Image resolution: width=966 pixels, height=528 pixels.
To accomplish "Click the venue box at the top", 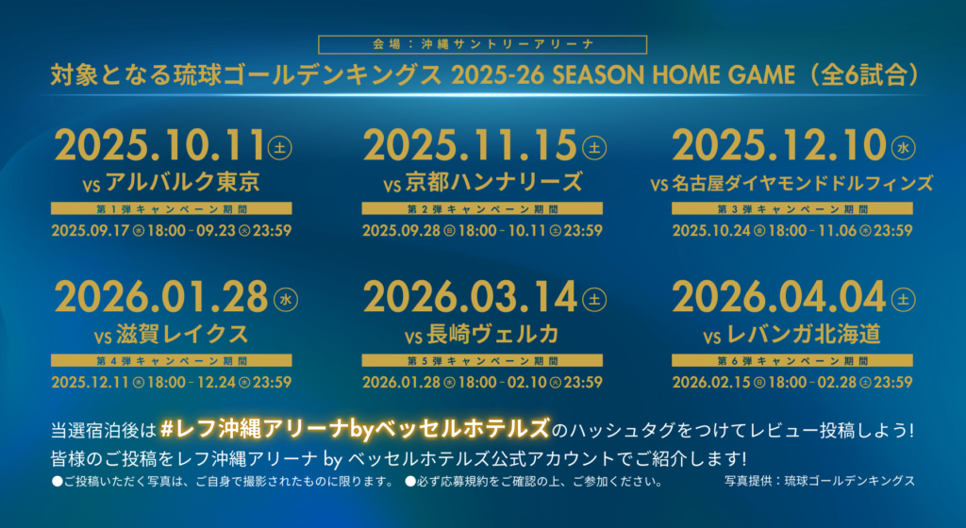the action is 482,44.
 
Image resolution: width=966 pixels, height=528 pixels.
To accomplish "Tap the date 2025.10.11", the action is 160,146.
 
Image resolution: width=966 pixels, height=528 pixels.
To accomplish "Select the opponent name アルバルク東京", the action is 182,182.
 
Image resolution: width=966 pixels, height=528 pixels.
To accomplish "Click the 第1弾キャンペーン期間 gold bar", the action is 172,209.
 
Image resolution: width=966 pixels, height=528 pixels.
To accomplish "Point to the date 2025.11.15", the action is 470,146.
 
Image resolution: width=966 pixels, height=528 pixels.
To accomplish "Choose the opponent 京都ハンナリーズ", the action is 493,182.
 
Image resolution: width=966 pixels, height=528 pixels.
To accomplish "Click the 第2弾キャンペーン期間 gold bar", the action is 482,209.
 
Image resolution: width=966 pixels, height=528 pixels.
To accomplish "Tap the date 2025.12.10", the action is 778,146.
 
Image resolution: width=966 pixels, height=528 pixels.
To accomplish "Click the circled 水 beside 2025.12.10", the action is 903,148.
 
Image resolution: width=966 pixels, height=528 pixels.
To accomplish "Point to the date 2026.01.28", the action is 161,298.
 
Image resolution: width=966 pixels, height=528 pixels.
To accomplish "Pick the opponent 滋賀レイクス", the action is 182,334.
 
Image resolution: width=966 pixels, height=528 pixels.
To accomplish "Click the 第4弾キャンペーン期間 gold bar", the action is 172,360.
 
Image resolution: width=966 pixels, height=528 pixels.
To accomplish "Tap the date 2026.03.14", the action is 470,298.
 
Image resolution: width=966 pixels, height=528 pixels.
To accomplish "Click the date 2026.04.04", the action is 778,298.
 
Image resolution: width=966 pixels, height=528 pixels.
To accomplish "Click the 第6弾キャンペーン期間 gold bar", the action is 792,360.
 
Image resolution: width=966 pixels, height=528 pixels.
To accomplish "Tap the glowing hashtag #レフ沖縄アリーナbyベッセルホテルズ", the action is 355,429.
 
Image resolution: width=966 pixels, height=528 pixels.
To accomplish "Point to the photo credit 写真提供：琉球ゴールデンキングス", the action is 820,481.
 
